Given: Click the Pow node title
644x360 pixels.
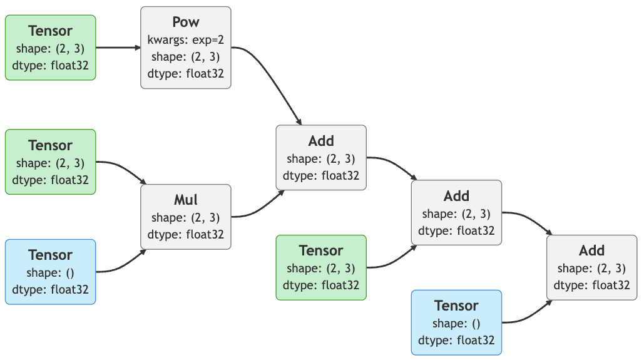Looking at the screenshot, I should click(186, 22).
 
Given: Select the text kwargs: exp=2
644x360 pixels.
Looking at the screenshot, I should click(186, 40).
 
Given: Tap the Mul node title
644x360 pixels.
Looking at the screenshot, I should click(186, 200).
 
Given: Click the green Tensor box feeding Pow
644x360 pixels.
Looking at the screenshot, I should click(51, 48).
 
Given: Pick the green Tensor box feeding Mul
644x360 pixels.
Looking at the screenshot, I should click(51, 162).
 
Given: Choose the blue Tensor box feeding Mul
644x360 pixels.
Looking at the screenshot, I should click(51, 272).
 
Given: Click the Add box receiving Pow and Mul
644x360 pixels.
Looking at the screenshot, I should click(321, 158).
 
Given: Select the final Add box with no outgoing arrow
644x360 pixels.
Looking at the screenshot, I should click(591, 267).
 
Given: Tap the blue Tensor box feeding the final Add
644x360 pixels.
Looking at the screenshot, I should click(456, 322).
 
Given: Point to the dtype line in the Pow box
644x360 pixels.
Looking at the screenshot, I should click(186, 73).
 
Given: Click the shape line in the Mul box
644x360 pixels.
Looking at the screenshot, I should click(186, 218).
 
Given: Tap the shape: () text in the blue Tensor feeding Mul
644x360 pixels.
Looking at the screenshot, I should click(51, 272).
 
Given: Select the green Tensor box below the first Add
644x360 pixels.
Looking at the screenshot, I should click(321, 267).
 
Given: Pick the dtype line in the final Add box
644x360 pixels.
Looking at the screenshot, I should click(591, 285).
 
